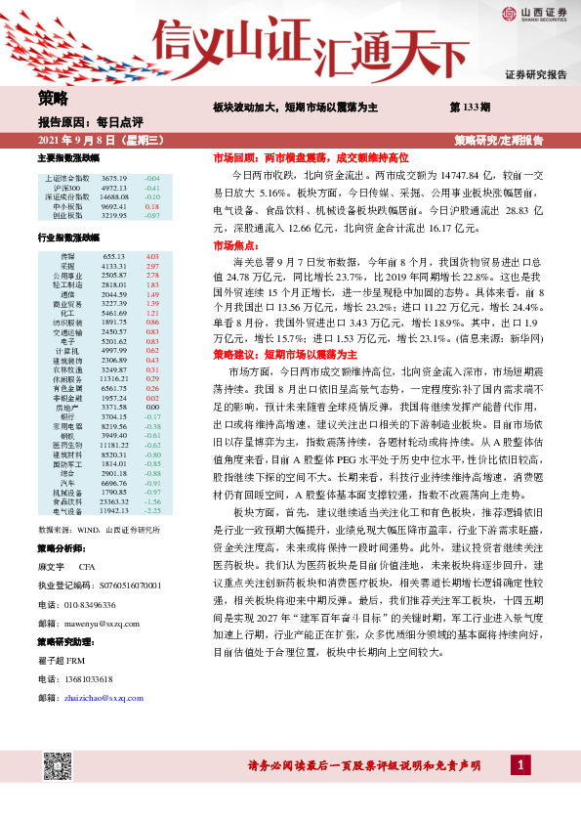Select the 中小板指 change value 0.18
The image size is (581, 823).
(151, 206)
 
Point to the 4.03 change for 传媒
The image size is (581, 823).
(151, 256)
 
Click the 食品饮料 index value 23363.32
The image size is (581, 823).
(115, 500)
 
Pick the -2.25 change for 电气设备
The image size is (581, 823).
(151, 509)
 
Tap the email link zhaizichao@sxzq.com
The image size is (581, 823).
(104, 698)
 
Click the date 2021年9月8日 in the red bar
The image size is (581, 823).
(76, 141)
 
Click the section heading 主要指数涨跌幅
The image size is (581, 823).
(68, 157)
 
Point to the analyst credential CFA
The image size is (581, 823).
(87, 568)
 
